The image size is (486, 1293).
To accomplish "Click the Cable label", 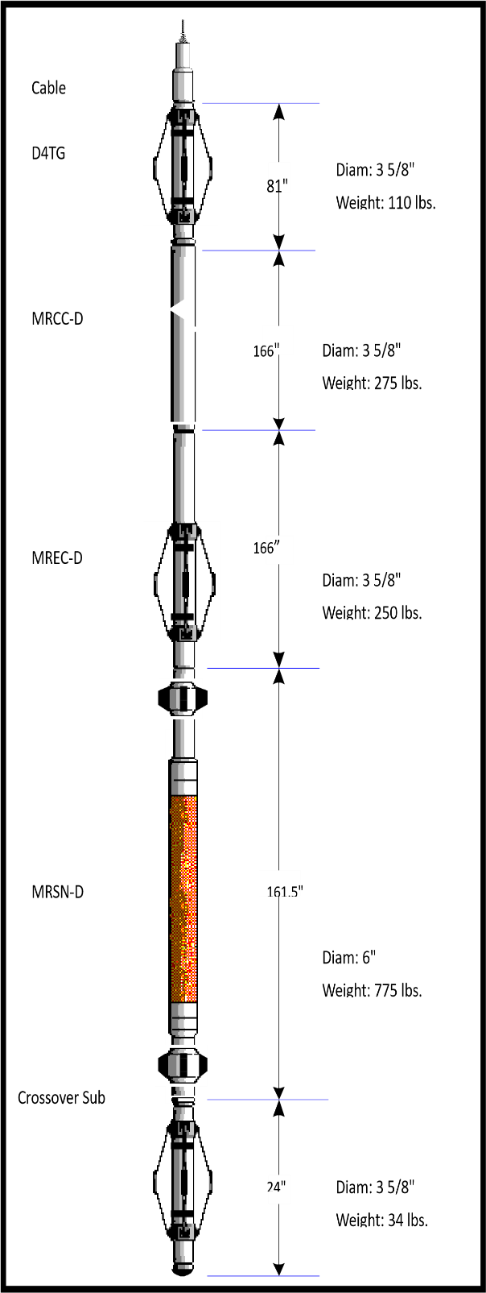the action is point(48,88).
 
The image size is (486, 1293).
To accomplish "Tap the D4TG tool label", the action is point(48,153).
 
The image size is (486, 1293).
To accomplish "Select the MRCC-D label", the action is point(57,319).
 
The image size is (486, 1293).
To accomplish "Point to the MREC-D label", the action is point(57,558).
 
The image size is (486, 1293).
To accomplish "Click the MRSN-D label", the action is point(58,892).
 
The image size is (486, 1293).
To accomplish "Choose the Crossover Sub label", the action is point(62,1097).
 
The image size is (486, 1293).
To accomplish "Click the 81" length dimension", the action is point(278,186).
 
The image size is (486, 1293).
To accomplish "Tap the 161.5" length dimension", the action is point(285,892).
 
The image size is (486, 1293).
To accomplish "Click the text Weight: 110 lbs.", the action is point(385,202).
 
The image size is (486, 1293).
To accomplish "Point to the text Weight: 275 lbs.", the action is point(372,383).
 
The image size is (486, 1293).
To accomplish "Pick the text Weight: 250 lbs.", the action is point(372,612).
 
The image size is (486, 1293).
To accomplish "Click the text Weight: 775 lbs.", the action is point(372,991).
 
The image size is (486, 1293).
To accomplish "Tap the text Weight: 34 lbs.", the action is point(381,1220).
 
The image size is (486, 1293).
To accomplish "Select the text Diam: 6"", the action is point(348,958).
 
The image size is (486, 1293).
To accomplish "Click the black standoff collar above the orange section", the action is point(182,698).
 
